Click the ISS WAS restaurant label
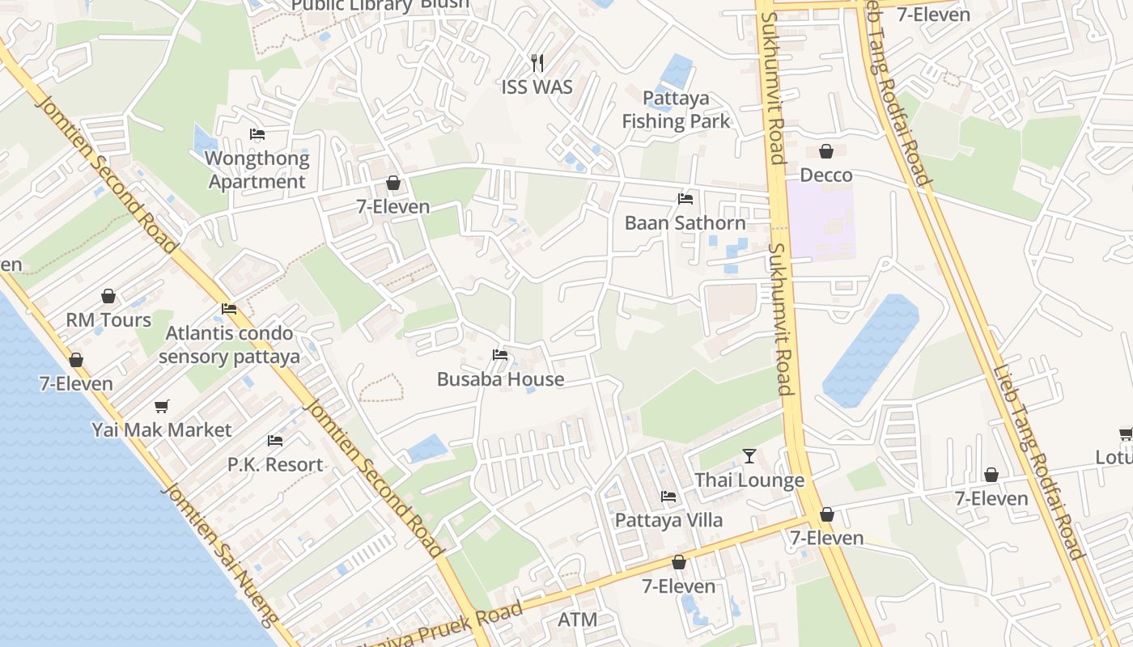click(537, 87)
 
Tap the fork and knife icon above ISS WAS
click(537, 61)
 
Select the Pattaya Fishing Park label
click(676, 110)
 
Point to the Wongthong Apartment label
click(257, 170)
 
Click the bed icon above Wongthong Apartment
click(257, 134)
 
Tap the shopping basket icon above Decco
click(826, 151)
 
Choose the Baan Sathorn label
click(685, 222)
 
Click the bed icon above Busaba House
click(500, 355)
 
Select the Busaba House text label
click(500, 378)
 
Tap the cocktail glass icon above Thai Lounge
click(749, 457)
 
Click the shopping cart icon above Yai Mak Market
click(162, 406)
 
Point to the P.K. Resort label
click(275, 464)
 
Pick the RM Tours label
click(108, 320)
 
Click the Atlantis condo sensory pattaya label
click(229, 345)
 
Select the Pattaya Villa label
click(668, 520)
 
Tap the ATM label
click(578, 620)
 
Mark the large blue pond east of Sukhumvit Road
click(870, 352)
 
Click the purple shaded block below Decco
click(821, 220)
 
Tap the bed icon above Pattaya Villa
click(668, 497)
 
